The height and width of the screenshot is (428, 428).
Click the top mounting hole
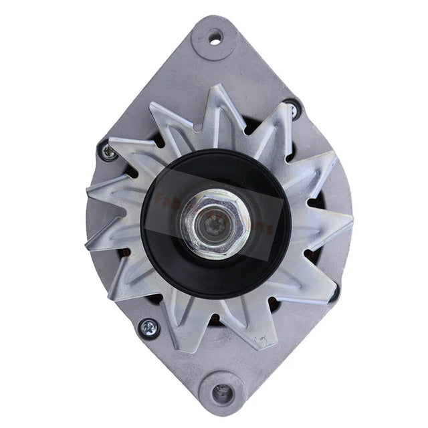pyautogui.click(x=215, y=37)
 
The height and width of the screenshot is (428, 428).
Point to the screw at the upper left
pyautogui.click(x=108, y=151)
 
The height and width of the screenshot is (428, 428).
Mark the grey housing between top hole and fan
pyautogui.click(x=214, y=67)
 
